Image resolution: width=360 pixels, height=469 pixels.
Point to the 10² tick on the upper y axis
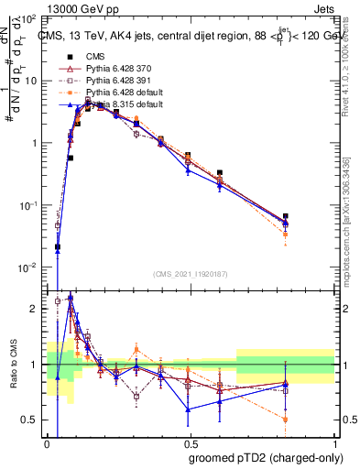coord(30,18)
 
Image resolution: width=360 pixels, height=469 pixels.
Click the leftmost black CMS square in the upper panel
coord(58,246)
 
